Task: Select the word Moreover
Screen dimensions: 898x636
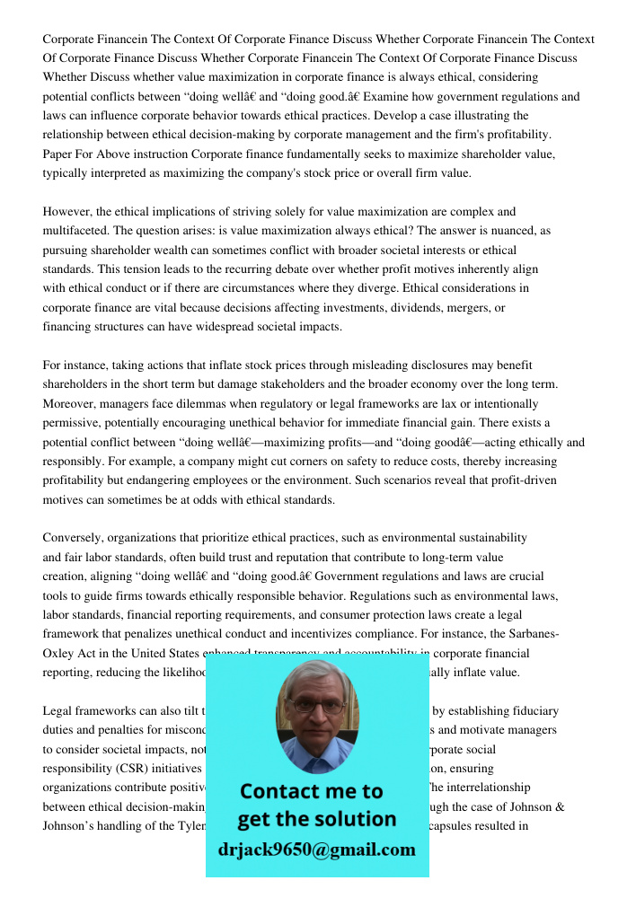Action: point(69,403)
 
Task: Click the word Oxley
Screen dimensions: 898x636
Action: point(59,653)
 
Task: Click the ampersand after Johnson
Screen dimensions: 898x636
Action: point(559,806)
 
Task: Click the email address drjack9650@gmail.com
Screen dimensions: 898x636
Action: point(316,850)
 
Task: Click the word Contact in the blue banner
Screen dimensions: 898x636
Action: point(284,791)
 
